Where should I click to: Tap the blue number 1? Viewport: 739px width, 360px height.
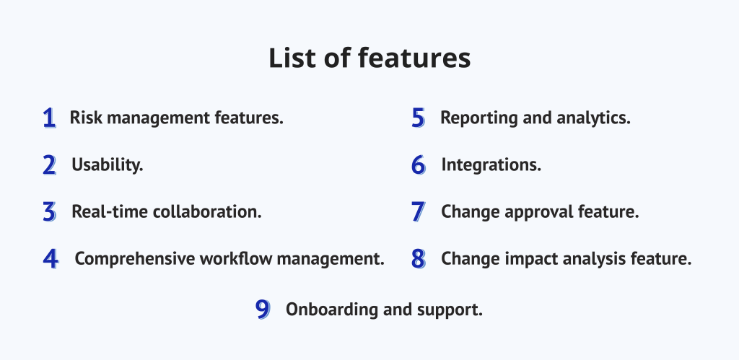point(49,118)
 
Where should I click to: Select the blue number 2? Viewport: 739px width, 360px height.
point(49,165)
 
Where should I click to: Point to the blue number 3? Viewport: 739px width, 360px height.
point(49,212)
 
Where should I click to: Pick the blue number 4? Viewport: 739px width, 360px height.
point(50,259)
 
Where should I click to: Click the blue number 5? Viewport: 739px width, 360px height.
point(419,118)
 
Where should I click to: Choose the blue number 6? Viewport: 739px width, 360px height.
point(419,165)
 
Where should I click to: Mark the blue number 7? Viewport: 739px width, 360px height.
point(419,212)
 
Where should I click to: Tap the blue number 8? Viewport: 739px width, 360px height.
point(419,259)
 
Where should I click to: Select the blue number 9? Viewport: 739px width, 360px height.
point(263,310)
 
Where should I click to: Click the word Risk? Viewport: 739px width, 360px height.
point(84,118)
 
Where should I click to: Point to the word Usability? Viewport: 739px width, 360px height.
point(108,165)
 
